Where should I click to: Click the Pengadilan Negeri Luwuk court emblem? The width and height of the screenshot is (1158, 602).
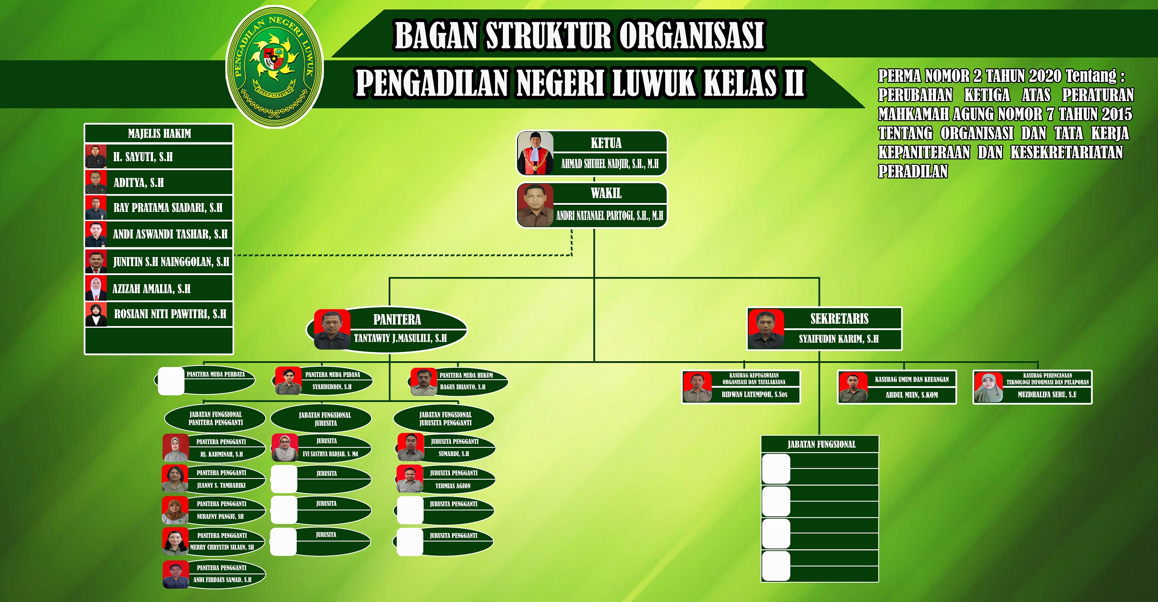[274, 66]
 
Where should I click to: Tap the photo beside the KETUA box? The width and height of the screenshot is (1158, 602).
[535, 153]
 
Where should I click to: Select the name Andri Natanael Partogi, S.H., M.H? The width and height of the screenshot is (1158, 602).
[610, 216]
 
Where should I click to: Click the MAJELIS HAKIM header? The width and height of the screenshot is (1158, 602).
[159, 134]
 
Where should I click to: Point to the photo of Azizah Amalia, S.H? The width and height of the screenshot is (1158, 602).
[96, 288]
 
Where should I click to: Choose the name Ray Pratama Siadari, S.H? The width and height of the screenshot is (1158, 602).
[168, 207]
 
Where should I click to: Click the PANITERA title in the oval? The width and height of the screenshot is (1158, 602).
[397, 319]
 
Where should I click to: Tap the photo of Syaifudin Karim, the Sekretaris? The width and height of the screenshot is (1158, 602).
[766, 329]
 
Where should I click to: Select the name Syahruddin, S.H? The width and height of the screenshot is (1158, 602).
[332, 387]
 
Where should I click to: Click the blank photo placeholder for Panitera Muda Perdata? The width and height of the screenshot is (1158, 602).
[171, 381]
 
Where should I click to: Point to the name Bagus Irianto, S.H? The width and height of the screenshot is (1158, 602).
[462, 387]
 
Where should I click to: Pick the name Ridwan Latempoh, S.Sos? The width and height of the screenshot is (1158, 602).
[754, 395]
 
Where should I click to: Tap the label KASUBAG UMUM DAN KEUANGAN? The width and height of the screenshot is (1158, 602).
[912, 380]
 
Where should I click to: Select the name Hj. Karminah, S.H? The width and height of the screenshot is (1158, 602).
[221, 454]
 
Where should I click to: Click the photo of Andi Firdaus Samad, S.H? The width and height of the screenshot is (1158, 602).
[176, 575]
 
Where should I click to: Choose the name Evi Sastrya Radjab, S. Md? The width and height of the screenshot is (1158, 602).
[330, 454]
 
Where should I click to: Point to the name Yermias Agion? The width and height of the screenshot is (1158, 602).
[453, 486]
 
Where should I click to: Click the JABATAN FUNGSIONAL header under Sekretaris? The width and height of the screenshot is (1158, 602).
[821, 444]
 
